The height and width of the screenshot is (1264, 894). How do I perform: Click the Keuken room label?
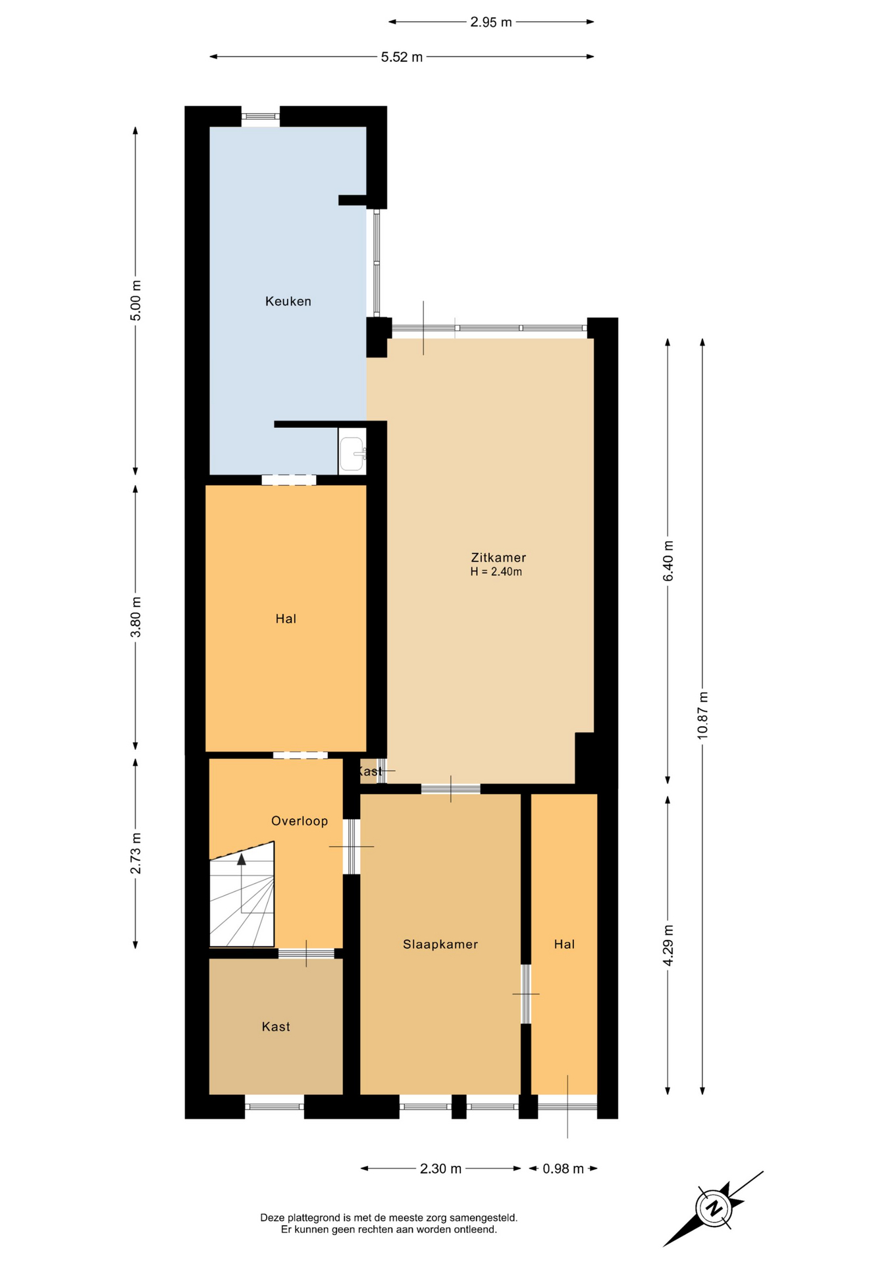click(288, 302)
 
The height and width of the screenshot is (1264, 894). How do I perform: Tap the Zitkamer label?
click(498, 558)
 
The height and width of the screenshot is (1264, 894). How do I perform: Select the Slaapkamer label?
click(440, 944)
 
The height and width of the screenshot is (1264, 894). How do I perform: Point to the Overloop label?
click(300, 821)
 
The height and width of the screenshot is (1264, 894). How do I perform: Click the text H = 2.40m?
click(496, 572)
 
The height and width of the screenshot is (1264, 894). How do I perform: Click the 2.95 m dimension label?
click(491, 22)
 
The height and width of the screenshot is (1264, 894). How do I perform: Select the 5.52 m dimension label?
click(402, 57)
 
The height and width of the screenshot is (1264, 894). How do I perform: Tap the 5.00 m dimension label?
click(136, 301)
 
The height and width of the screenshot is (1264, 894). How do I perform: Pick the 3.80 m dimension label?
click(136, 618)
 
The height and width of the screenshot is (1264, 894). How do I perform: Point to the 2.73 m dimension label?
click(136, 854)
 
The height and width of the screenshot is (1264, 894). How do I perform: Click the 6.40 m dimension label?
click(668, 561)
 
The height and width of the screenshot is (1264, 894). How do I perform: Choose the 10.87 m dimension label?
click(703, 716)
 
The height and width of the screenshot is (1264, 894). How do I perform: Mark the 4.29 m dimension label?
click(668, 945)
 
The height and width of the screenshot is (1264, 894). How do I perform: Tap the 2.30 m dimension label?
click(441, 1169)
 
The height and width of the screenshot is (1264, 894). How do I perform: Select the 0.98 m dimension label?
click(564, 1169)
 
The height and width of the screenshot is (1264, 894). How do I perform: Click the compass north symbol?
click(714, 1209)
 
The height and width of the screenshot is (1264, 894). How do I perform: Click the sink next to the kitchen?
click(352, 453)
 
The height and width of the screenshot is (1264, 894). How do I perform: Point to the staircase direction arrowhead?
click(242, 858)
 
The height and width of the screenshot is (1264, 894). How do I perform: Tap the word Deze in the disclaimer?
click(272, 1218)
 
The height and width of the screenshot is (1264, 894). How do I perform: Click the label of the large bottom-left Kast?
click(276, 1026)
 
